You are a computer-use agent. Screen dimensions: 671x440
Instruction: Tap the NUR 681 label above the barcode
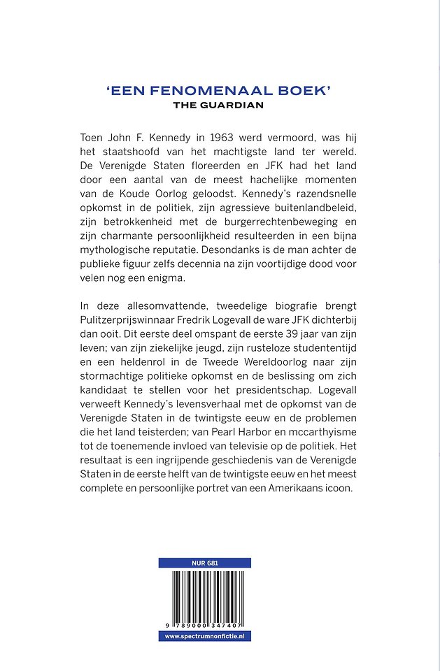(x=204, y=563)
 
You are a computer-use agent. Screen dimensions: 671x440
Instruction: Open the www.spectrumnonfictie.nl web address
(x=204, y=636)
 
